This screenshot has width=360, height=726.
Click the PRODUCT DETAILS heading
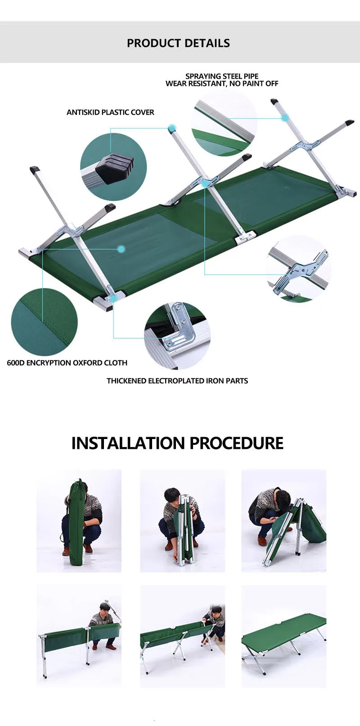178,43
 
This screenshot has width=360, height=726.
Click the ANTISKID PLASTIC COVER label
110,112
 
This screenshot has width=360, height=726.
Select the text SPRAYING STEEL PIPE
222,76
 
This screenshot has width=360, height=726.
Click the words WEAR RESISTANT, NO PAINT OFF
222,84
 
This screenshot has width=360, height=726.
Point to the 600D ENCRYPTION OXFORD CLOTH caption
67,363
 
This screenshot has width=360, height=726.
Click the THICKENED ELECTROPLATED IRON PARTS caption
177,381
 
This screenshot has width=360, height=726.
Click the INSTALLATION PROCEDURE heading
177,443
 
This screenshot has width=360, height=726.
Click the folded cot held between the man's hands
185,529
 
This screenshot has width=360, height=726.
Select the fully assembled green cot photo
283,636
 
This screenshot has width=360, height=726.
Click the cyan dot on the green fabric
121,249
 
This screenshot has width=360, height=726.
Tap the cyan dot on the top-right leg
285,117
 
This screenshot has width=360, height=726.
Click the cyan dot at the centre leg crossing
205,184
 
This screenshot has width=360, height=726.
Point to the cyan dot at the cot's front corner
113,297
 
